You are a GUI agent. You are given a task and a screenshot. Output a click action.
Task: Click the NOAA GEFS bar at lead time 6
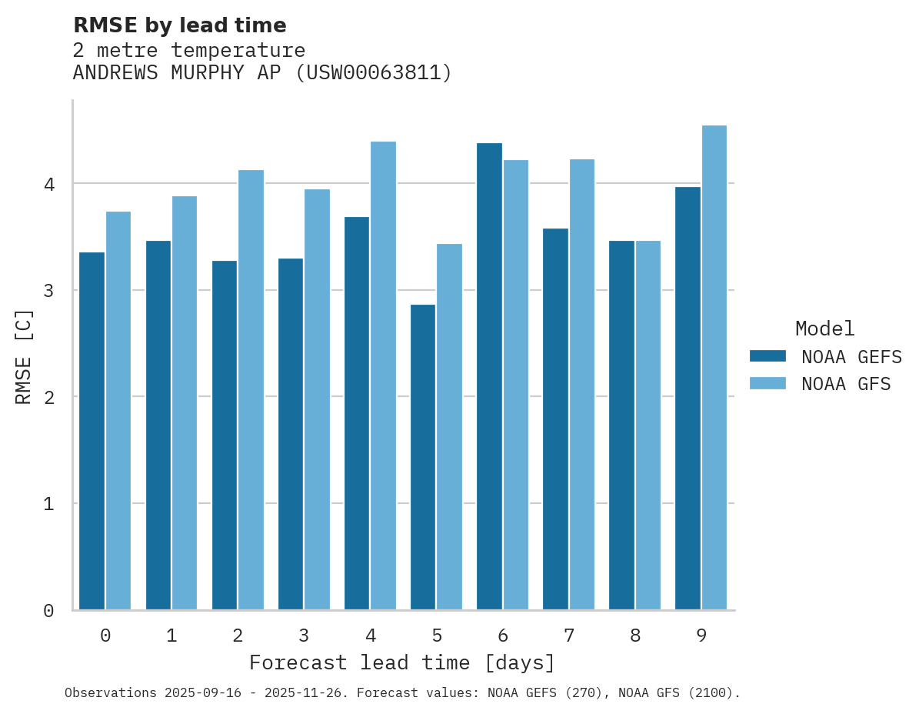(489, 377)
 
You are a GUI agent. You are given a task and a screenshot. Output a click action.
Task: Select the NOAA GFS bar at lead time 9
(714, 368)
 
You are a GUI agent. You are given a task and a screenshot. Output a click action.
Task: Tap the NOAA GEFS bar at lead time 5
(423, 457)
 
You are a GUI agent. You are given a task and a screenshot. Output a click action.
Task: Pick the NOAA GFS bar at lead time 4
(383, 375)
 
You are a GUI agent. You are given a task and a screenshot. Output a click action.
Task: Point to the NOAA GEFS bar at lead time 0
(92, 431)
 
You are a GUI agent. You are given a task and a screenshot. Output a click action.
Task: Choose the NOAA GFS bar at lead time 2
(251, 390)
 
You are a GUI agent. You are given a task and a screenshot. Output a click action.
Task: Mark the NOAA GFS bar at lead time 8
(648, 425)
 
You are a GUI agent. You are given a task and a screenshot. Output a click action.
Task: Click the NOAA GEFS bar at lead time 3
(291, 434)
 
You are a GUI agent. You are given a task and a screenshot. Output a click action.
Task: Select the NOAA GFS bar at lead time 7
(581, 385)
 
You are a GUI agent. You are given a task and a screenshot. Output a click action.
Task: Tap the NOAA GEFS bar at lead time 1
(158, 425)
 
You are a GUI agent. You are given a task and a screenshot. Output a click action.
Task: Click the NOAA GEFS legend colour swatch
(767, 356)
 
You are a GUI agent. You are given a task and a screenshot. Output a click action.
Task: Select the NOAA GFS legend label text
(846, 384)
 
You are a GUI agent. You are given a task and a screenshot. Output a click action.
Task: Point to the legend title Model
(824, 329)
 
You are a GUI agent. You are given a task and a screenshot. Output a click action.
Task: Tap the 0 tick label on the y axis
(48, 611)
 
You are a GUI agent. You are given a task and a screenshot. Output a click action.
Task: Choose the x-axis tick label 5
(437, 636)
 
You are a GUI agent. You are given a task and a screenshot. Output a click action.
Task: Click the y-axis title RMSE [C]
(24, 356)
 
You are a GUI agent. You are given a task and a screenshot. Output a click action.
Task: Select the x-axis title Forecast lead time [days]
(401, 663)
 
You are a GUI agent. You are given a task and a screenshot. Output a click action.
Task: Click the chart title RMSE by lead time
(179, 25)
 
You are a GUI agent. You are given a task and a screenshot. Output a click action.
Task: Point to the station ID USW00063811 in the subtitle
(374, 73)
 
